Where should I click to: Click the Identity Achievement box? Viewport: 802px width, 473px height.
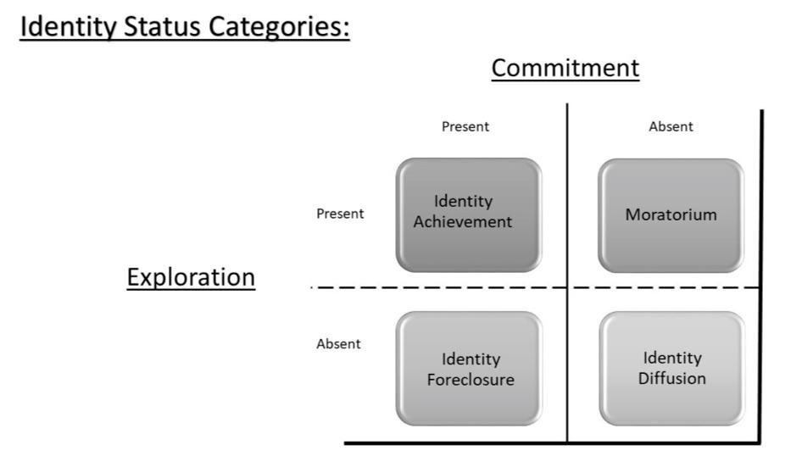[x=469, y=214]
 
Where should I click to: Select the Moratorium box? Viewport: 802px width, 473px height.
[x=671, y=214]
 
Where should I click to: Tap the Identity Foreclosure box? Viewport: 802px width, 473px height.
[x=469, y=369]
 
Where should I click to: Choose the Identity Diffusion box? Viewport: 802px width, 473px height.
[x=671, y=369]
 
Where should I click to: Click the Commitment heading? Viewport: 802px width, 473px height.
[x=565, y=68]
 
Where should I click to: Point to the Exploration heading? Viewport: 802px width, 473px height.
[x=191, y=277]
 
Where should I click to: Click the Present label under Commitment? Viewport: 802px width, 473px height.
[x=465, y=127]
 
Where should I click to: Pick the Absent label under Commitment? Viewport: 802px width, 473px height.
[x=671, y=127]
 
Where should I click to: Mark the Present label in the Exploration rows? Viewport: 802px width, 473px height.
[x=340, y=214]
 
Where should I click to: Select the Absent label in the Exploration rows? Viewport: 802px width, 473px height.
[x=338, y=344]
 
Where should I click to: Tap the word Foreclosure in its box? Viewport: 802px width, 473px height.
[x=470, y=379]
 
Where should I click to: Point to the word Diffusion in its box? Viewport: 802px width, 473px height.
[x=671, y=378]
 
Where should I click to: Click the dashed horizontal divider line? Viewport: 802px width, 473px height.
[x=509, y=287]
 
